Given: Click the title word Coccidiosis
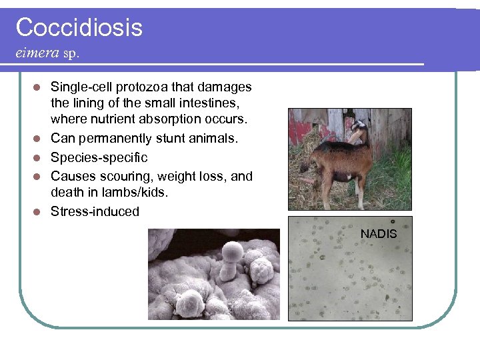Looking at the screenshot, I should point(79,27).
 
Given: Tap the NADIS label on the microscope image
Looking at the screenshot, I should point(378,234).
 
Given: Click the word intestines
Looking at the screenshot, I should point(207,103).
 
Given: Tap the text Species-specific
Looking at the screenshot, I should point(99,158).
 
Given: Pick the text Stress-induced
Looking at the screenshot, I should point(95,212).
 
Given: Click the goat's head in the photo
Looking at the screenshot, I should point(361,131).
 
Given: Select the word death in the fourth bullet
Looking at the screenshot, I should point(67,193).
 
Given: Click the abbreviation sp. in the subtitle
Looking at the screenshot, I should point(71,53).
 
